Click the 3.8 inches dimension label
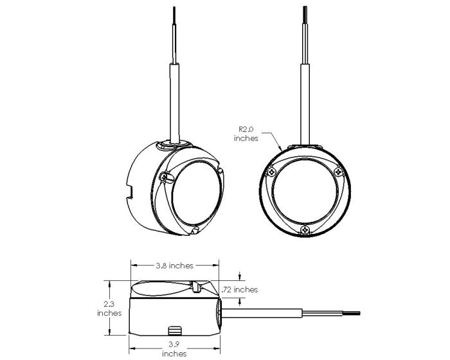pyautogui.click(x=174, y=266)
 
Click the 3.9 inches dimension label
pyautogui.click(x=174, y=349)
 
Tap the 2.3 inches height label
pyautogui.click(x=109, y=308)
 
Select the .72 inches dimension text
pyautogui.click(x=240, y=289)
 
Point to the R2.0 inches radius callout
pyautogui.click(x=246, y=134)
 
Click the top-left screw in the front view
pyautogui.click(x=271, y=172)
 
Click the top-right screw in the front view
pyautogui.click(x=339, y=172)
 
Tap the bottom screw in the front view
pyautogui.click(x=305, y=230)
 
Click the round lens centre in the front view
pyautogui.click(x=305, y=192)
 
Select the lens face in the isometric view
pyautogui.click(x=197, y=193)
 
